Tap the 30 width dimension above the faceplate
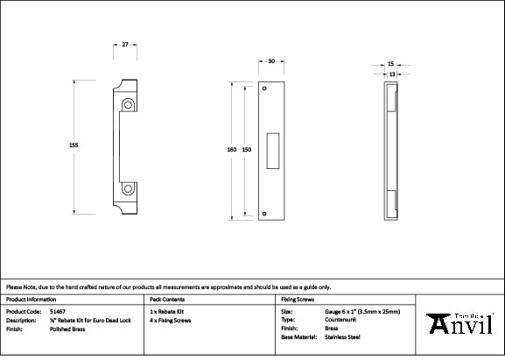point(271,62)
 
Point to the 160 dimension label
point(232,150)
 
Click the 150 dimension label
point(247,150)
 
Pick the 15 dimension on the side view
point(390,64)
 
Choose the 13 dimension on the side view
point(390,74)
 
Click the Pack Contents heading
point(166,299)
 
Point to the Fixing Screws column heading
point(298,299)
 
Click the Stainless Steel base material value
point(341,336)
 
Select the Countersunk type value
point(340,320)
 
